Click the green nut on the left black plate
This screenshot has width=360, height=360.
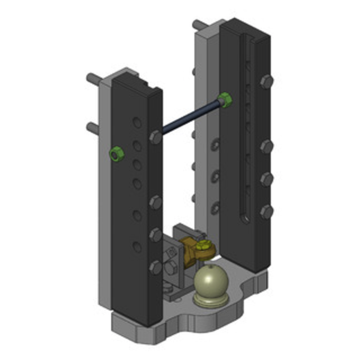point(117,154)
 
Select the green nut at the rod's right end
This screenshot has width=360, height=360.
point(225,99)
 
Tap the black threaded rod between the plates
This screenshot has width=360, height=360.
point(191,117)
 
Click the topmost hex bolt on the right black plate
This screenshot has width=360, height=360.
point(266,81)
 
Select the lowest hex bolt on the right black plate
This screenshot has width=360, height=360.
point(266,211)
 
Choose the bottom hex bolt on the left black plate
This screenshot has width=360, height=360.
point(156,267)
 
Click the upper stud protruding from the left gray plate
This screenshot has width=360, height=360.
point(94,78)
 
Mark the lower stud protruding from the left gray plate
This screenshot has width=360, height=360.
point(93,127)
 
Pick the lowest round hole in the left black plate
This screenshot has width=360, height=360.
point(137,247)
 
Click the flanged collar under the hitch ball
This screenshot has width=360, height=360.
point(210,300)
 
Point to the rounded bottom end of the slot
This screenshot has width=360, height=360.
point(246,220)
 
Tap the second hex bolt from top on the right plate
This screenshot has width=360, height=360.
point(266,147)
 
